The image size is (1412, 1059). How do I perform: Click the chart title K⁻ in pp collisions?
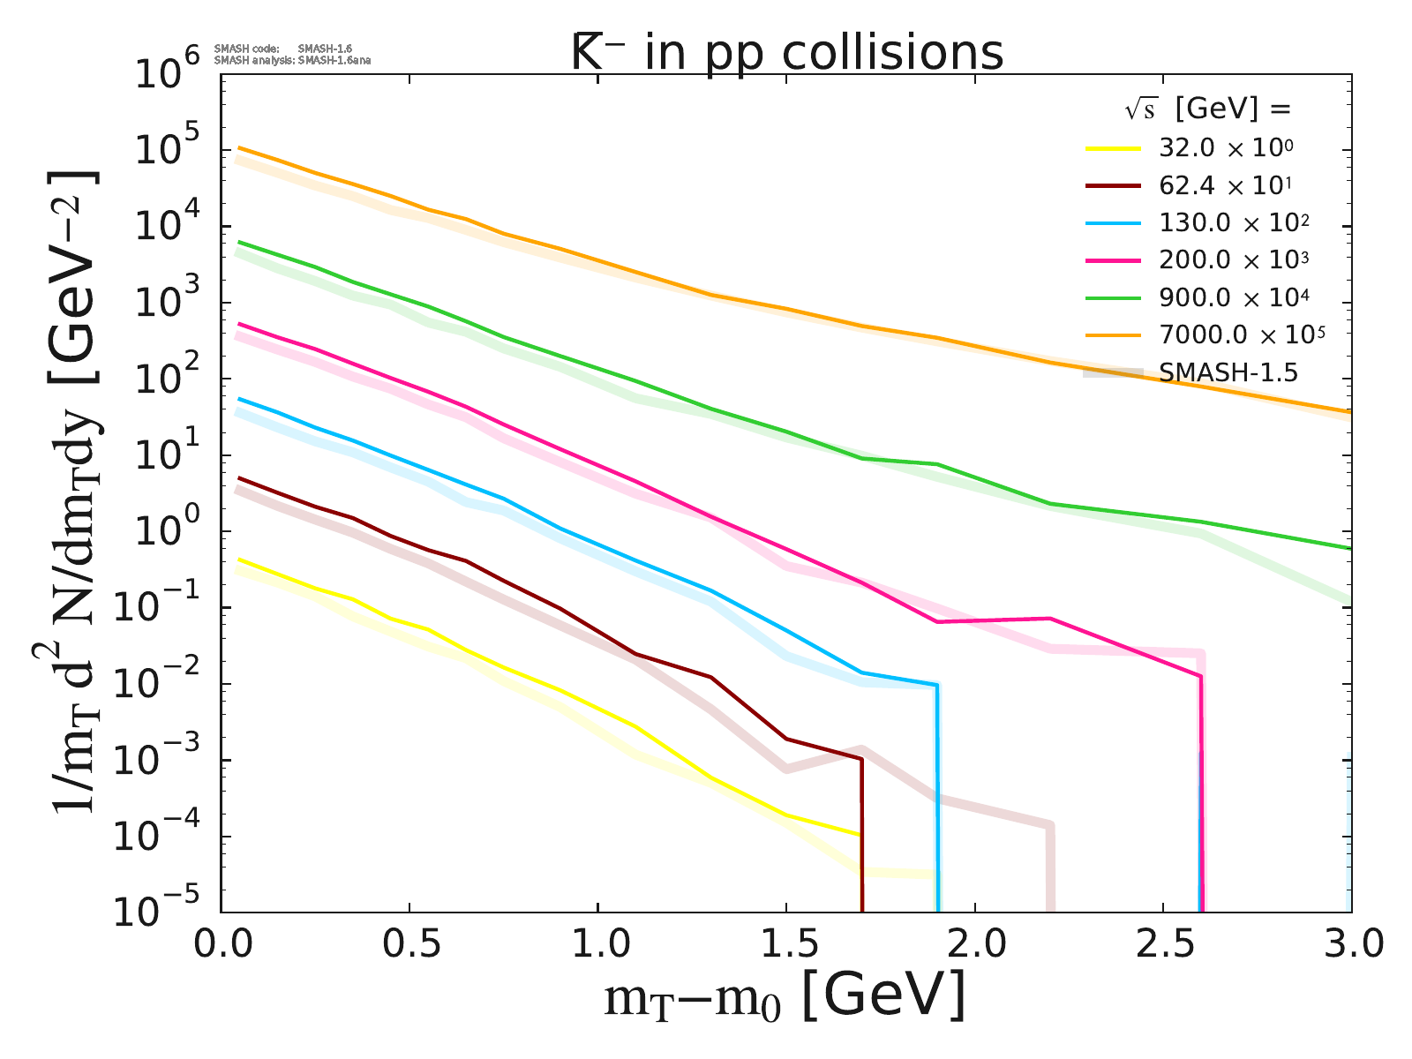coord(787,53)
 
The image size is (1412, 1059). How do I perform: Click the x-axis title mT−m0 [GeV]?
coord(785,998)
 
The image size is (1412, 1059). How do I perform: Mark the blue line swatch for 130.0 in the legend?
coord(1114,222)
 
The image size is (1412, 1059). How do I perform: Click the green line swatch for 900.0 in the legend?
coord(1114,297)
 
